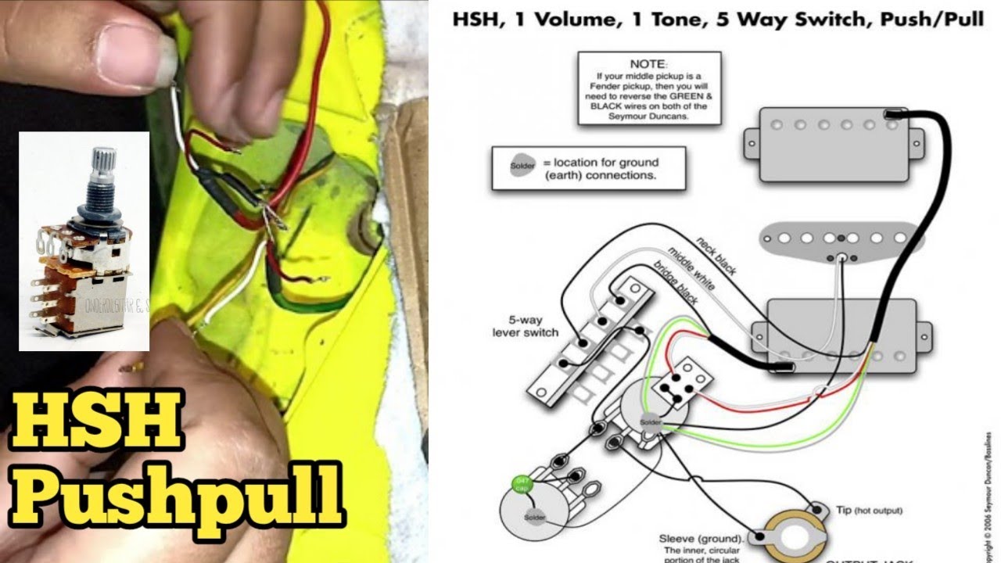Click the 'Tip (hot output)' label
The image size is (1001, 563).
tap(868, 510)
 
